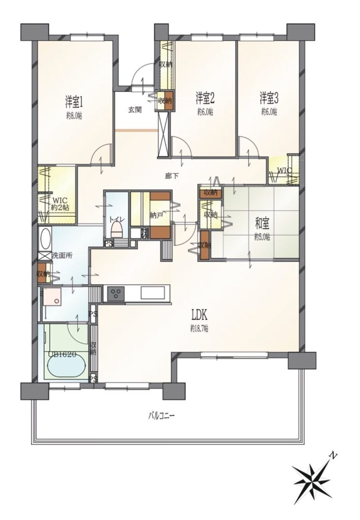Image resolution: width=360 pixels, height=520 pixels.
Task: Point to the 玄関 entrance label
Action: pyautogui.click(x=135, y=110)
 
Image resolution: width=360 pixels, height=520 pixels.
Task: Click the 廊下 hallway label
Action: pyautogui.click(x=171, y=176)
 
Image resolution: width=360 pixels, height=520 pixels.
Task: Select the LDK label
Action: pyautogui.click(x=199, y=314)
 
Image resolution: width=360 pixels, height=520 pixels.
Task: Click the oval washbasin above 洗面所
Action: pyautogui.click(x=44, y=238)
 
